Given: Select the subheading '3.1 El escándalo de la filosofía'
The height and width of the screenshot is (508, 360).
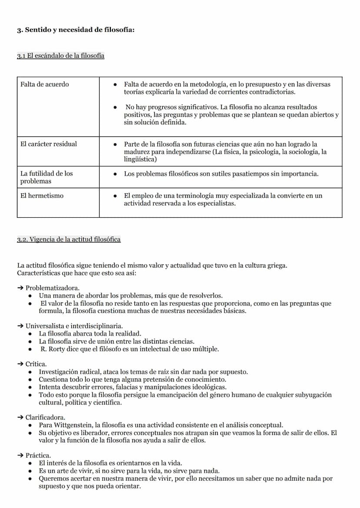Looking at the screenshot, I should point(60,56).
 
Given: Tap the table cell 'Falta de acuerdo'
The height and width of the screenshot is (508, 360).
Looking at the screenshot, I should point(44,84).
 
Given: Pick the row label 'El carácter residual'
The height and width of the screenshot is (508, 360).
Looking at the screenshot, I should point(49,144).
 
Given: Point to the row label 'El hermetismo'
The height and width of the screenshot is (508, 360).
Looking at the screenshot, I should point(42,196).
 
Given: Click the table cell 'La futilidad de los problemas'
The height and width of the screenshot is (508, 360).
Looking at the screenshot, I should point(47,177).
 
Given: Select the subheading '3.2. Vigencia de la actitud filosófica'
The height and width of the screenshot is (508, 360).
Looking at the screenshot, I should point(69,239).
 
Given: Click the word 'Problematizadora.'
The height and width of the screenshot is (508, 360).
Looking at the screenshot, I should point(53,288).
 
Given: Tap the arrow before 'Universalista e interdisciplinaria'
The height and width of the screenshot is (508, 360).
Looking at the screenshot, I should point(20,325).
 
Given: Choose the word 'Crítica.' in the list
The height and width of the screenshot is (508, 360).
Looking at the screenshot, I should point(36,364).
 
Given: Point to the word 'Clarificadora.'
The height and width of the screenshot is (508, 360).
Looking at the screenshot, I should point(46,417).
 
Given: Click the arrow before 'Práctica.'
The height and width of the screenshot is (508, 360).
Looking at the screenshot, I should point(20,455).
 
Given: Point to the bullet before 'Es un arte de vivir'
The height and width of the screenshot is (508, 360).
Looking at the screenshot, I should point(30,471).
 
